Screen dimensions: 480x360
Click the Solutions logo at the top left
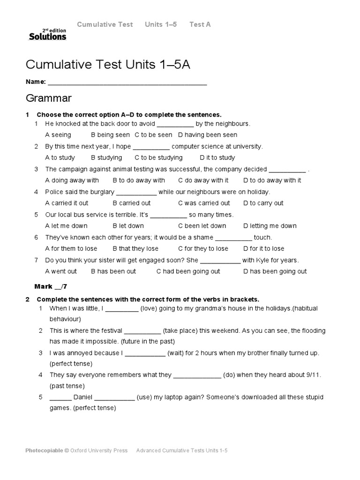(x=47, y=34)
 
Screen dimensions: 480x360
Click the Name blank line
(x=127, y=84)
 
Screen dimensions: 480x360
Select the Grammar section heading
(x=49, y=98)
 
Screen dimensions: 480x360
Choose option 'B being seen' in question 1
(x=110, y=135)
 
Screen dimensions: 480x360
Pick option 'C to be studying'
(x=158, y=157)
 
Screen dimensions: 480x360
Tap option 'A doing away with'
(x=72, y=180)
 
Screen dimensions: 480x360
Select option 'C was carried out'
(x=204, y=203)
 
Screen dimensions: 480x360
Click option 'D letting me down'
(x=270, y=225)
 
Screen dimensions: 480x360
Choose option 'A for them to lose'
(x=71, y=248)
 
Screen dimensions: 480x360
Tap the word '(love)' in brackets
(x=150, y=308)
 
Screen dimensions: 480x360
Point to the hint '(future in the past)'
(x=148, y=341)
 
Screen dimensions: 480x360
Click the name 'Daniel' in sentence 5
(x=83, y=397)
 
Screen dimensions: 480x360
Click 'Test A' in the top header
(x=200, y=24)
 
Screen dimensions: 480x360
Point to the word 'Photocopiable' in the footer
(x=44, y=450)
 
